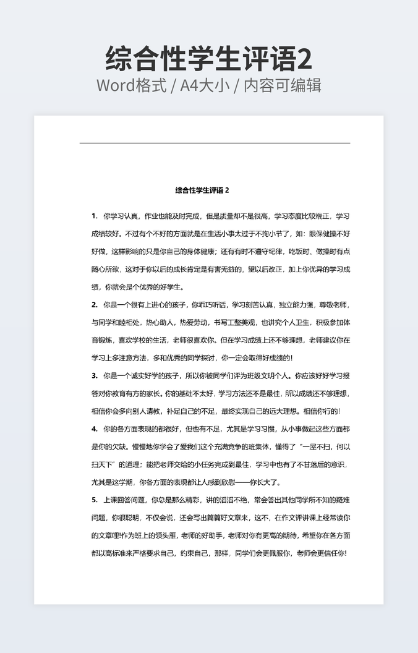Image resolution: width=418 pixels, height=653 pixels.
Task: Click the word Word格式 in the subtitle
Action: pos(132,85)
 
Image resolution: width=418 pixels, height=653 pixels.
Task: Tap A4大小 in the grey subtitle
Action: pos(202,85)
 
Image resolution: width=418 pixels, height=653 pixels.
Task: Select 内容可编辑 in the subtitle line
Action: pos(283,85)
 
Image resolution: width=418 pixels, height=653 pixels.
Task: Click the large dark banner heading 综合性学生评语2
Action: pos(209,59)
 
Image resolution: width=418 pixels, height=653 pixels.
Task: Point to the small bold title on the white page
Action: pos(202,190)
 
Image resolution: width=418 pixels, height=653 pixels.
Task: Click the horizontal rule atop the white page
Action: pos(215,143)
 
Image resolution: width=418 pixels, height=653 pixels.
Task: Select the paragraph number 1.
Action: pos(94,216)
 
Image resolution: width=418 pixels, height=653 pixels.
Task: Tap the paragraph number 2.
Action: pos(94,305)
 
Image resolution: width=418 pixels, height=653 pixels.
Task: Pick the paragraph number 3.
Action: pos(94,375)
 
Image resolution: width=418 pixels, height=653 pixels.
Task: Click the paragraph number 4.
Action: pos(94,429)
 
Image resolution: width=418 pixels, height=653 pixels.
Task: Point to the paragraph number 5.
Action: pos(94,500)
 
